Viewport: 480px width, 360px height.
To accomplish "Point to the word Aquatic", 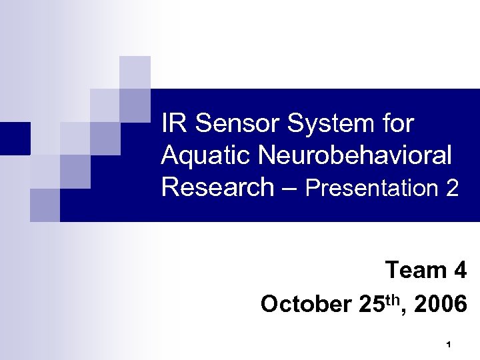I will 204,156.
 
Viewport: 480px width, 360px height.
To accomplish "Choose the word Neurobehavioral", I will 353,155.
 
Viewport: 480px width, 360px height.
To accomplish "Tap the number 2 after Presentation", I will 453,188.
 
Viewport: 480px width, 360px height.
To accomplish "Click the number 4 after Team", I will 459,270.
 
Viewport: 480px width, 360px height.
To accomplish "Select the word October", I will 306,304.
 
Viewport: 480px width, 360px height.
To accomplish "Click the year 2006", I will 440,304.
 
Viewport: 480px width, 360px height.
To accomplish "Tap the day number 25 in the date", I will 371,304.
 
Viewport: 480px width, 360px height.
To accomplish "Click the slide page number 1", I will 451,345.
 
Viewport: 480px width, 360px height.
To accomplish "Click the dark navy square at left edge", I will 15,138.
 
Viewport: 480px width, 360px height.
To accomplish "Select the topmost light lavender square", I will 135,72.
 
